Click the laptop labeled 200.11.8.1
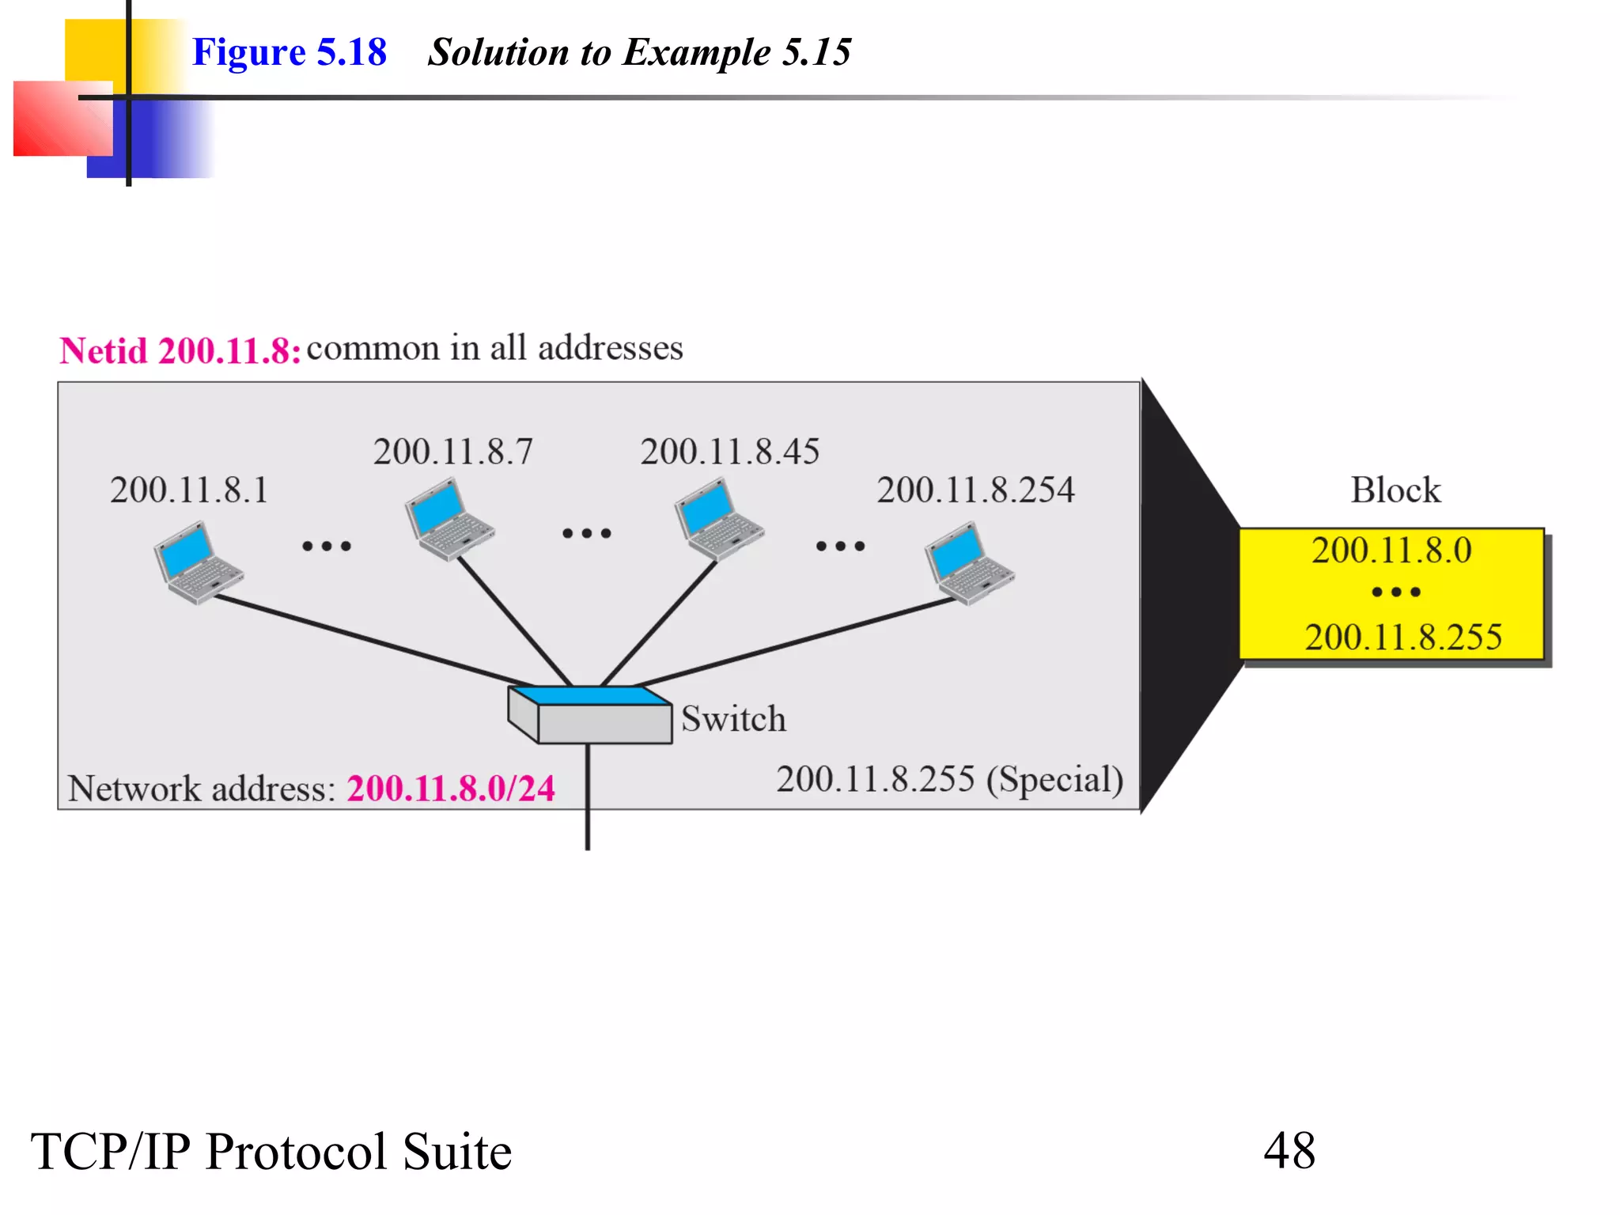pos(198,562)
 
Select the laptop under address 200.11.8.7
pos(449,520)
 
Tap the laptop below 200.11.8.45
pos(718,520)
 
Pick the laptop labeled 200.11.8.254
pos(969,563)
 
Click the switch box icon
pos(590,715)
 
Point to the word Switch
pos(733,719)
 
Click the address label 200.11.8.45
pos(729,452)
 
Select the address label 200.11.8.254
pos(975,490)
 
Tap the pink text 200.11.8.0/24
pos(451,788)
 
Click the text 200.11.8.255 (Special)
pos(949,779)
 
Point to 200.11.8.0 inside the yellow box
pos(1391,550)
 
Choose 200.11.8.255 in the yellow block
pos(1402,637)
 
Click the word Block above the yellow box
pos(1395,490)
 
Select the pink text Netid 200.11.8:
pos(180,350)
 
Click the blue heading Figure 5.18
pos(290,52)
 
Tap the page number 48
pos(1289,1150)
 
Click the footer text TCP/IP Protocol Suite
pos(271,1151)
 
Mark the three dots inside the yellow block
pos(1396,592)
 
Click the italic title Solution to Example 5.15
pos(639,52)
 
